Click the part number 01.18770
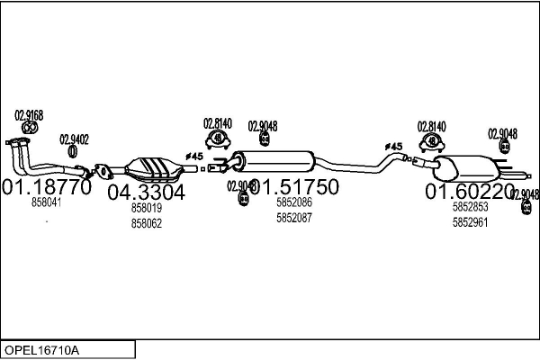47,188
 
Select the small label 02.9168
29,114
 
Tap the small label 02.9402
74,139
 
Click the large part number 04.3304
147,192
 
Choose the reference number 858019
147,208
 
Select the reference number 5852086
294,203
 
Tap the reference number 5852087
294,218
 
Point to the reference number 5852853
469,207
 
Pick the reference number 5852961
469,221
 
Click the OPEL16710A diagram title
42,348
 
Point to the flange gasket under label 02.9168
28,129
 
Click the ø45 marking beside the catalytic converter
193,157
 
